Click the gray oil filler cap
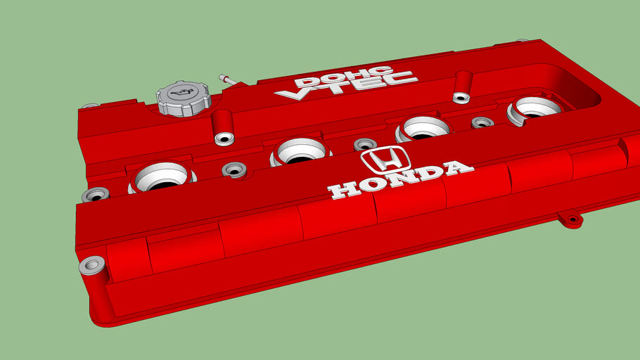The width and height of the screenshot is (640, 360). tap(182, 98)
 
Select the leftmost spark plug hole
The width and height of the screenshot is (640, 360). tap(161, 177)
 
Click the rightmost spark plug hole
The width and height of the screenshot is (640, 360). tap(535, 107)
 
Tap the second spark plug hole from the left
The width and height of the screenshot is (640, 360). tap(301, 151)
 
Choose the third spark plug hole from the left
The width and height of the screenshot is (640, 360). tap(423, 128)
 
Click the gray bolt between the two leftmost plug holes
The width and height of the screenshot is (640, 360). tap(233, 169)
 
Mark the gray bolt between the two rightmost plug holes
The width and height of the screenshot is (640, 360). tap(482, 122)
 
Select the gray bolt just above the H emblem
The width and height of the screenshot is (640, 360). tap(365, 144)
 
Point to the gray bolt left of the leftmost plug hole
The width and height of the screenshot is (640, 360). tap(95, 195)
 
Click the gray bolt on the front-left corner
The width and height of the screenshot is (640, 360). tap(91, 266)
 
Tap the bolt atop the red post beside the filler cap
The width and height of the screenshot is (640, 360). tap(224, 138)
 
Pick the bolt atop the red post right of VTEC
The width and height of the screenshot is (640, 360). tap(462, 97)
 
